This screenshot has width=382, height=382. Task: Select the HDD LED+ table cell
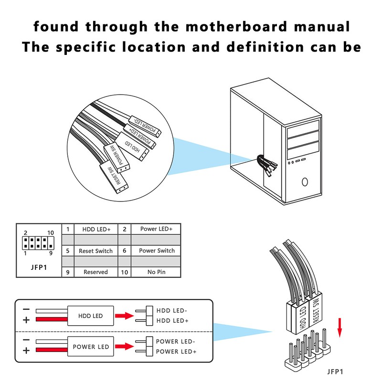(96, 229)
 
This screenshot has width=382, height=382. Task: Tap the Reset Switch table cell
(96, 251)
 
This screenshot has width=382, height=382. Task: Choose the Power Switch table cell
(157, 250)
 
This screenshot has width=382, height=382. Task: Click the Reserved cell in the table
(96, 272)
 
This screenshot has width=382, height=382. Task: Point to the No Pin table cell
(157, 272)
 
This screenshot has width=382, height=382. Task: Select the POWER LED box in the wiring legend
(91, 347)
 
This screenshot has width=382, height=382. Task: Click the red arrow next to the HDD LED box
(125, 316)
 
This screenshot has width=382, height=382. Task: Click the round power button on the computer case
(305, 181)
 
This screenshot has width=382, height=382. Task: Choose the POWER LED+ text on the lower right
(176, 351)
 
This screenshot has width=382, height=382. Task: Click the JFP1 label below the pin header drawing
(335, 371)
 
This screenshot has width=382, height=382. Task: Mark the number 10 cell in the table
(125, 272)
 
